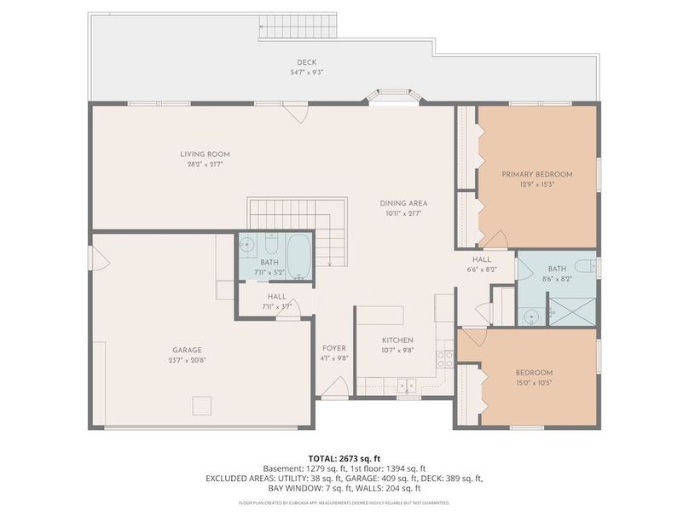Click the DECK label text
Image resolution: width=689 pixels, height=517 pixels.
coord(306,61)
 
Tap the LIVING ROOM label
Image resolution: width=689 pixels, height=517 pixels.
coord(205,154)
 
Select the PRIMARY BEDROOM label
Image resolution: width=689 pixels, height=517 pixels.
coord(536,174)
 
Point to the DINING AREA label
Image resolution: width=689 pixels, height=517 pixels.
coord(403,203)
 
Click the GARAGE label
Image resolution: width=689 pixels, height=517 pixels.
coord(187,350)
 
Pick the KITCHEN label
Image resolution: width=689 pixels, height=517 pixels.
coord(397,340)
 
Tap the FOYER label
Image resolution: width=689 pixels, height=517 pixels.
coord(333,348)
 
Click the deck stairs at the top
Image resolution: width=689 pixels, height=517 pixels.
coord(298,27)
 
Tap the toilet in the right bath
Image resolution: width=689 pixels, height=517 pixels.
coord(586,266)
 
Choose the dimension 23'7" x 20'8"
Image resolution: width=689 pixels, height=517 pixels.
coord(187,360)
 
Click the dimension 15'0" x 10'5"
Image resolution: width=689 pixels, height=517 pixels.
coord(534,383)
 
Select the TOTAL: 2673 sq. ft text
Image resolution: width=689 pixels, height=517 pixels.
coord(344,458)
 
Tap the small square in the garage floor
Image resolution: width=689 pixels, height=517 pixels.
coord(201,405)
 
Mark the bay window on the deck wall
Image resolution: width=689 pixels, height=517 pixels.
coord(393,96)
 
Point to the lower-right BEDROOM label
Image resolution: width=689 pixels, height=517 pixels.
coord(534,373)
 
